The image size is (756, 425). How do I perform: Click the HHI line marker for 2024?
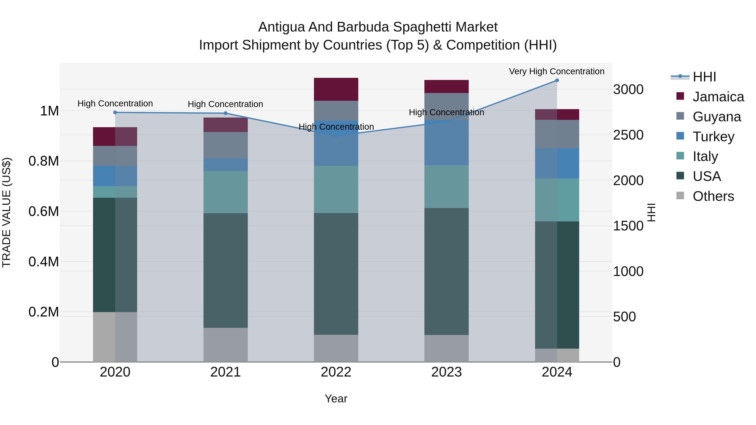[x=557, y=80]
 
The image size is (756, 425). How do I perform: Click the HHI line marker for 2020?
[x=115, y=112]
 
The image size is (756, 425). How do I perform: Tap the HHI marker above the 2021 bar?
[x=225, y=113]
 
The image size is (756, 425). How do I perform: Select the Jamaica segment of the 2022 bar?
[x=336, y=89]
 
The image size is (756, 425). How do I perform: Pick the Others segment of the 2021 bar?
[x=225, y=345]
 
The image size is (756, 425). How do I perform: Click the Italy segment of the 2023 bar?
[x=446, y=187]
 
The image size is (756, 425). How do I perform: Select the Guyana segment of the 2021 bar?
[x=225, y=145]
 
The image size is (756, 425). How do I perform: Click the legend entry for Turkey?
[x=713, y=137]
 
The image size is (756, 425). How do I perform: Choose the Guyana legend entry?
[x=716, y=117]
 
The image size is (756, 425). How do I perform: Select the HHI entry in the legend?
[x=704, y=77]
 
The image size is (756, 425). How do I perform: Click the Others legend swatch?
[x=680, y=196]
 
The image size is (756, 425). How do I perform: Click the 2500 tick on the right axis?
[x=628, y=135]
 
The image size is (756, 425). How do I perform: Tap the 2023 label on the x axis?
[x=446, y=372]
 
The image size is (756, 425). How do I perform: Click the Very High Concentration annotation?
[x=556, y=71]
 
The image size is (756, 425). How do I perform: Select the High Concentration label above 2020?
[x=115, y=103]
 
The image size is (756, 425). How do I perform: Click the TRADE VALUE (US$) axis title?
[x=7, y=212]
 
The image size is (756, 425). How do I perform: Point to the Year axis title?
[x=336, y=399]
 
